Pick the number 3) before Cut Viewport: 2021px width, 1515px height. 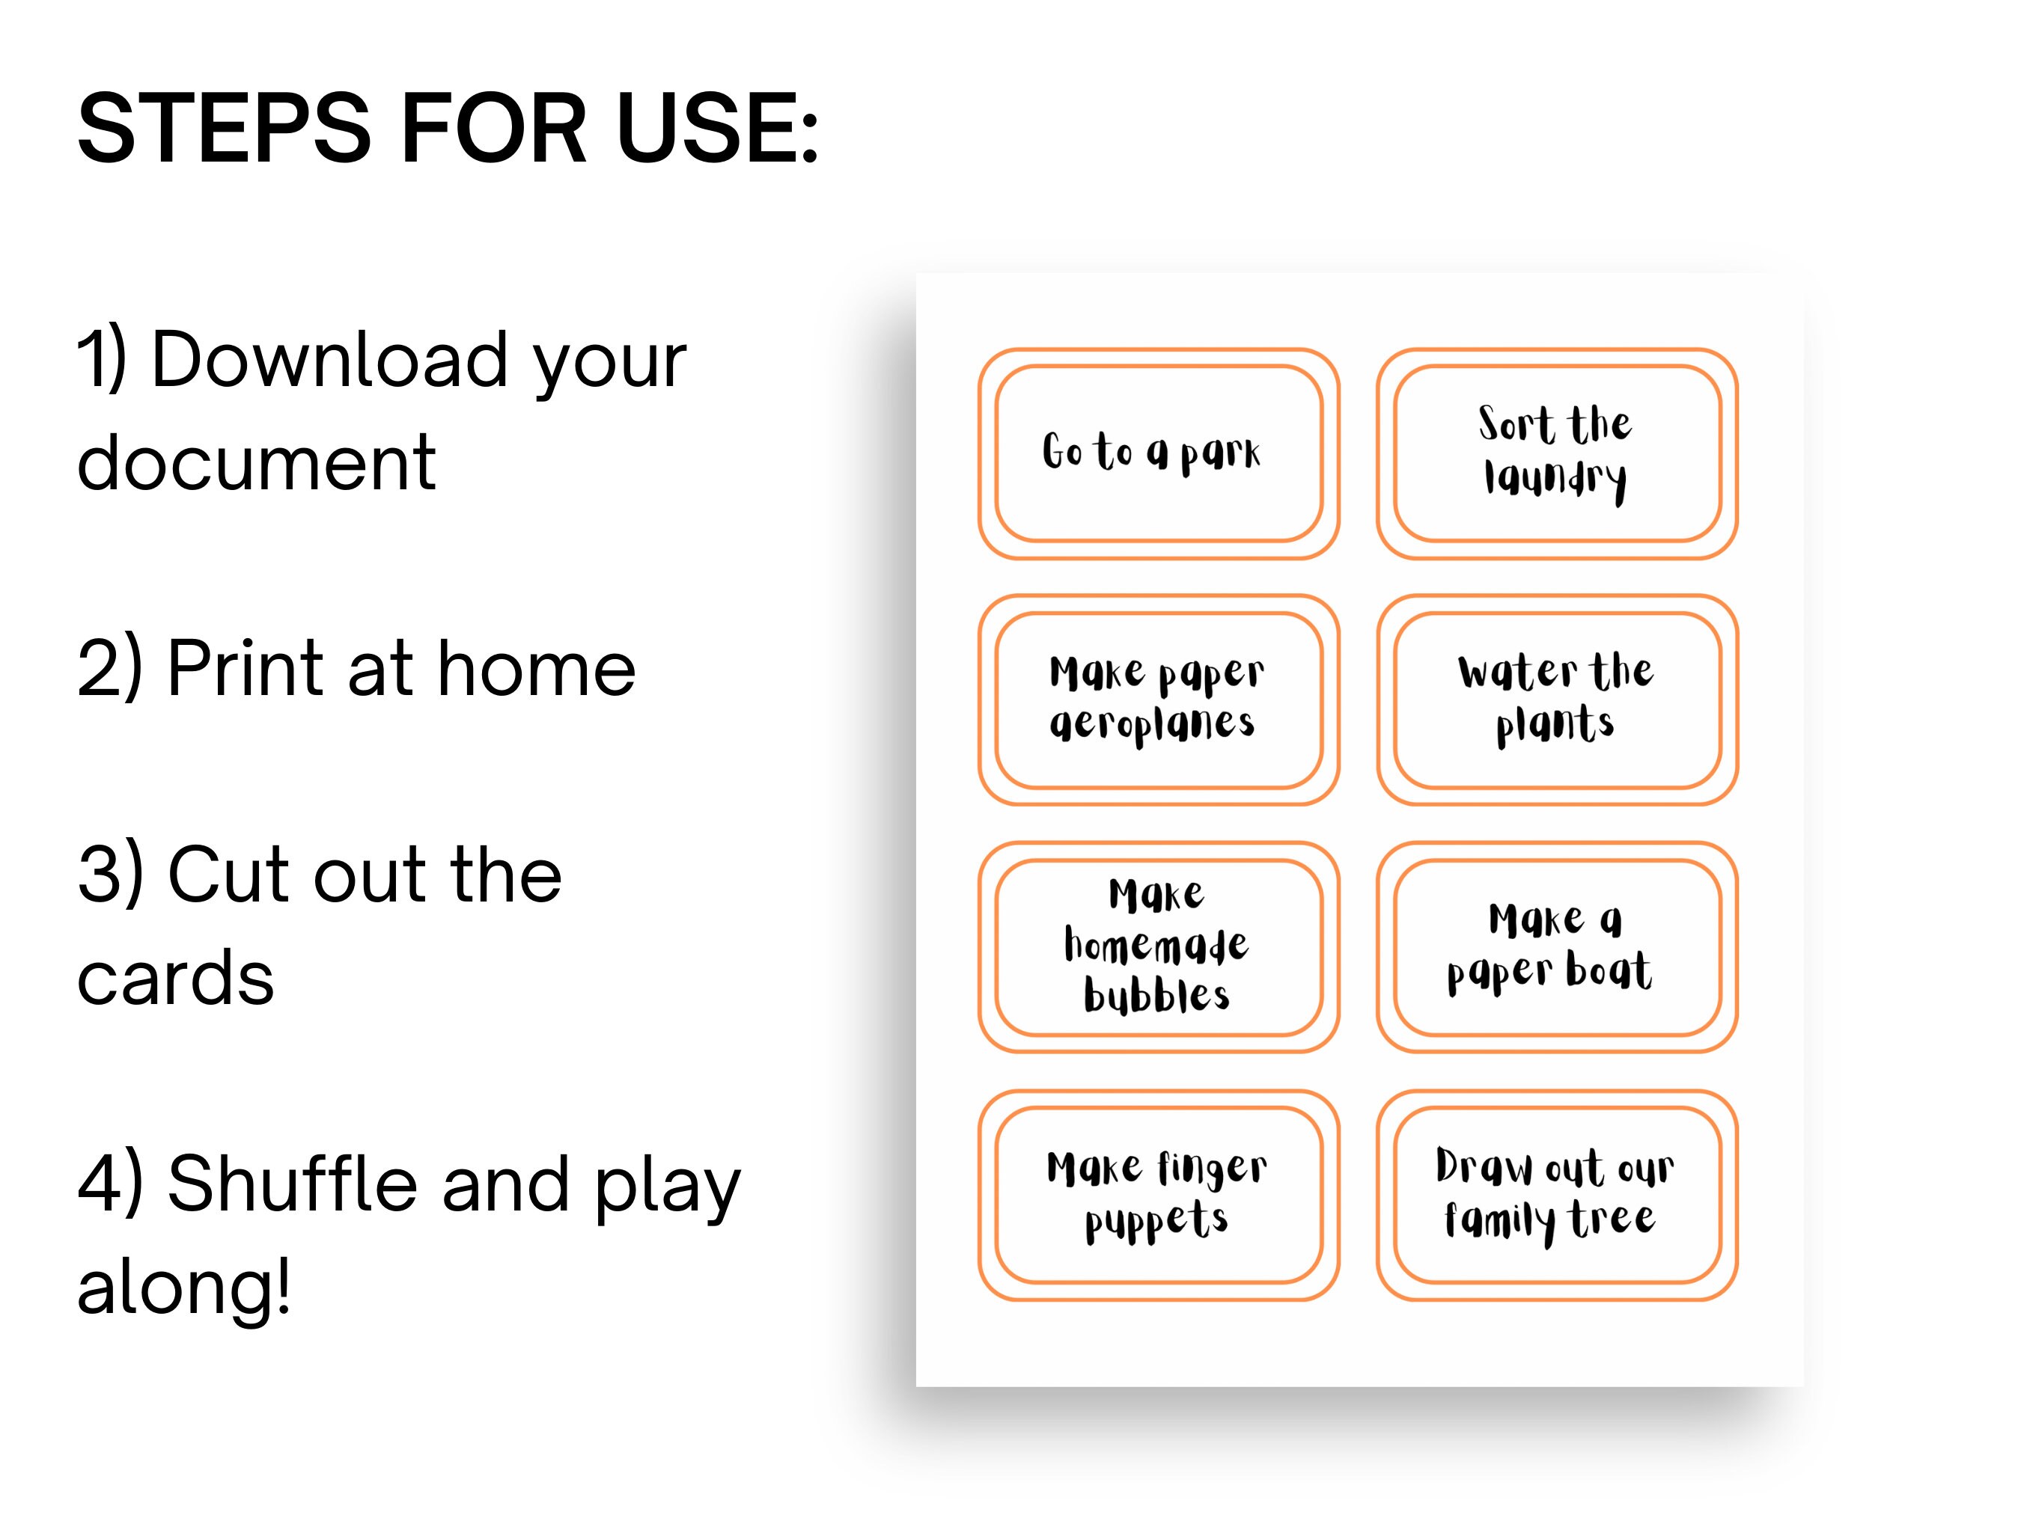pyautogui.click(x=109, y=875)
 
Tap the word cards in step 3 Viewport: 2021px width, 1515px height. pyautogui.click(x=175, y=978)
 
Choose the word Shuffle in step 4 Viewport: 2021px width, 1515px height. pyautogui.click(x=293, y=1184)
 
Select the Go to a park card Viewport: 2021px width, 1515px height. pyautogui.click(x=1159, y=454)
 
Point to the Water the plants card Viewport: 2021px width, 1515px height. pyautogui.click(x=1557, y=700)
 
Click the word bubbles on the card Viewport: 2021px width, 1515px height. pyautogui.click(x=1156, y=994)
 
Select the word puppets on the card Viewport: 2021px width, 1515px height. pyautogui.click(x=1156, y=1222)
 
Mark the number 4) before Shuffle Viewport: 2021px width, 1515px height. pyautogui.click(x=109, y=1184)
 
